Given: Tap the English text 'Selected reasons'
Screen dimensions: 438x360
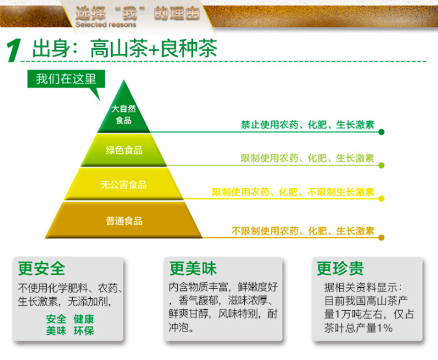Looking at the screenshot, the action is coord(105,25).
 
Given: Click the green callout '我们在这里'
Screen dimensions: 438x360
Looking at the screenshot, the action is coord(66,79).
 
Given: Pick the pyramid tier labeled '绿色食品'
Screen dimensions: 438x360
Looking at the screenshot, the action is coord(124,150).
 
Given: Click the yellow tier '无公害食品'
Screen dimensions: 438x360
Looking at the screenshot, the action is coord(124,185).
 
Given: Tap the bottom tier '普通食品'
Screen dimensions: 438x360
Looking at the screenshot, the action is coord(124,221).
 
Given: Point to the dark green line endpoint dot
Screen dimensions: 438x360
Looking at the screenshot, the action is coord(381,132).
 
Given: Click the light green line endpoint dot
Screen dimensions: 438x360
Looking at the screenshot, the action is coord(381,165).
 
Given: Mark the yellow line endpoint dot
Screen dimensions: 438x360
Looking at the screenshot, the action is coord(381,199).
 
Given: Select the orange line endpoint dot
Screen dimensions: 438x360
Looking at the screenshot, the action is coord(381,238).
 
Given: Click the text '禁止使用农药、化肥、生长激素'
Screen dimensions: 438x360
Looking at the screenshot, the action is coord(308,125).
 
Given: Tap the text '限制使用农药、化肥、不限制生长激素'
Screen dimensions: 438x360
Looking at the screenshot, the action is coord(293,192).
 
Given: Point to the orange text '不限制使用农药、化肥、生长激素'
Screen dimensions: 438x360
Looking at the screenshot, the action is coord(303,231).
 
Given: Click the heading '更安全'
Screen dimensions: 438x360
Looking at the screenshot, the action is coord(41,269).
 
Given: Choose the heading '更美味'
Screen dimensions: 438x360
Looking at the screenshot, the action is coord(193,269).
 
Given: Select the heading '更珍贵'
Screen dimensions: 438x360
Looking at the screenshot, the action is coord(341,269).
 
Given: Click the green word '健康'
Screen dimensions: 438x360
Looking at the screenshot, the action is coord(83,319).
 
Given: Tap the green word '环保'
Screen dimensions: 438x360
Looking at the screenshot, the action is coord(83,330).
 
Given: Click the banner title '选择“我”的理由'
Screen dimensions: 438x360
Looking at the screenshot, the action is coord(138,13).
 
